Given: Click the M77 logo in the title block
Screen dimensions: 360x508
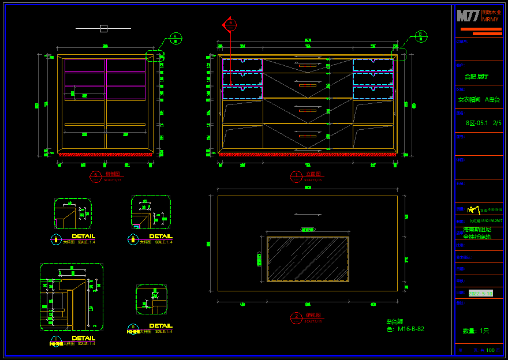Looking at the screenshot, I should tap(468, 16).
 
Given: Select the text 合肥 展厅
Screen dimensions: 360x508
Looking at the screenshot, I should tap(476, 77).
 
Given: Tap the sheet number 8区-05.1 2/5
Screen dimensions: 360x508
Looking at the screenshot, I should tap(483, 123).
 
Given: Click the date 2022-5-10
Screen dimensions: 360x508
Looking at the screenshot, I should tap(480, 294).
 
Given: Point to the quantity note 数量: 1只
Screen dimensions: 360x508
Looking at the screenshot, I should tap(476, 331).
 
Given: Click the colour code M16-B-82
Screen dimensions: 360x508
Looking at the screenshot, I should tap(410, 329).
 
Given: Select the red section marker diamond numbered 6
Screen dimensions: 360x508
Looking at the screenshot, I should tap(230, 25).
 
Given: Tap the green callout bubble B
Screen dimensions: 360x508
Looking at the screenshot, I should tap(421, 36).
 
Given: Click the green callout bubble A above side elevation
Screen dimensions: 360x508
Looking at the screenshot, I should tap(175, 39).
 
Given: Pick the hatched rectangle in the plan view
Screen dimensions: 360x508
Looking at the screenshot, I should tap(308, 259).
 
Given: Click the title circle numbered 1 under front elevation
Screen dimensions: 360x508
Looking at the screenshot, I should tap(296, 177).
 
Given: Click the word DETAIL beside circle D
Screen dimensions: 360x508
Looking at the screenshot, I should tap(160, 326).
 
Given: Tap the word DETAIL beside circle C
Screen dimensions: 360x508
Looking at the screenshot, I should tap(83, 338).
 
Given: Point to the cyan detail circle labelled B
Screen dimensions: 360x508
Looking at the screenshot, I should tap(133, 239).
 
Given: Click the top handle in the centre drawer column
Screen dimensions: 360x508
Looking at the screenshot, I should tap(308, 66).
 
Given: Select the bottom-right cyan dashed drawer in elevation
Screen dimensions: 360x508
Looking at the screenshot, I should tap(373, 92).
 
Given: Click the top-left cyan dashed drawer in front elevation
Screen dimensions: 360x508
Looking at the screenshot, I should tap(242, 65).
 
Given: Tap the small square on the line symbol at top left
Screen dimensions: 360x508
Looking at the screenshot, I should tap(103, 28).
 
